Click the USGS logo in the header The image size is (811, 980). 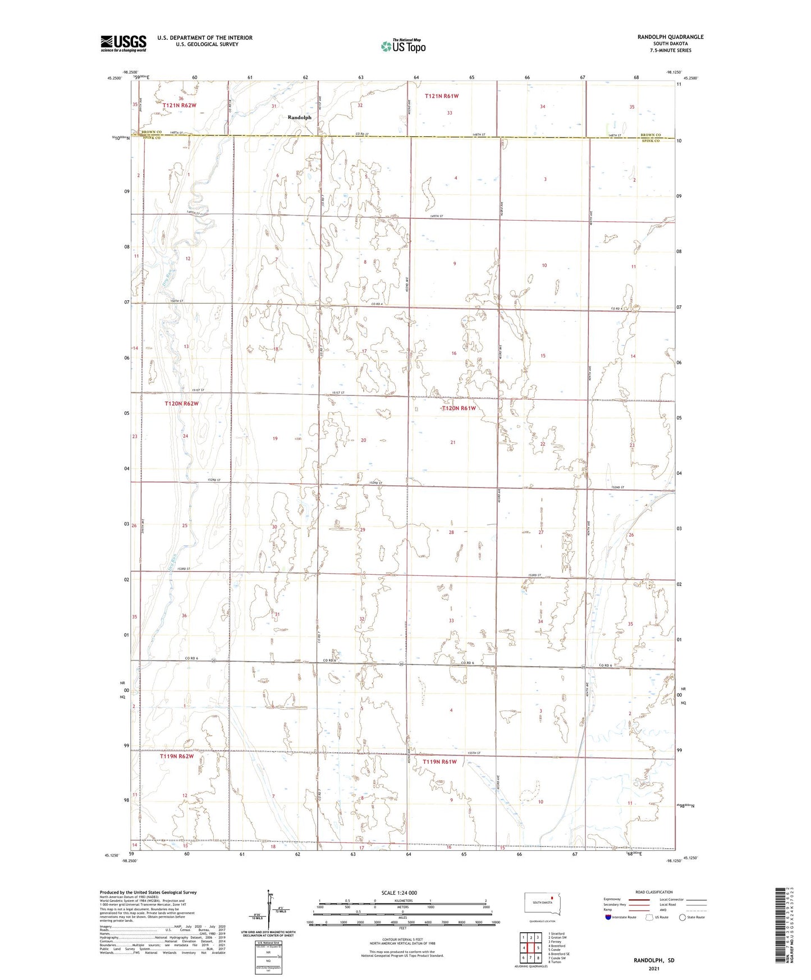[123, 43]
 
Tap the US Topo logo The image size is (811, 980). [402, 46]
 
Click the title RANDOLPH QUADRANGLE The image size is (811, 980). [670, 37]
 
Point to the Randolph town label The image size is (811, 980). [299, 118]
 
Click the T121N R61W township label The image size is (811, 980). [441, 96]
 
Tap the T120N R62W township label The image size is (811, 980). [181, 404]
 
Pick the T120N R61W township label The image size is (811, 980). [458, 408]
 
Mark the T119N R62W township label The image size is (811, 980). [176, 756]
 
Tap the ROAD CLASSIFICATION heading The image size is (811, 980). [654, 892]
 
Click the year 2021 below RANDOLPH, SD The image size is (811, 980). [654, 968]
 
